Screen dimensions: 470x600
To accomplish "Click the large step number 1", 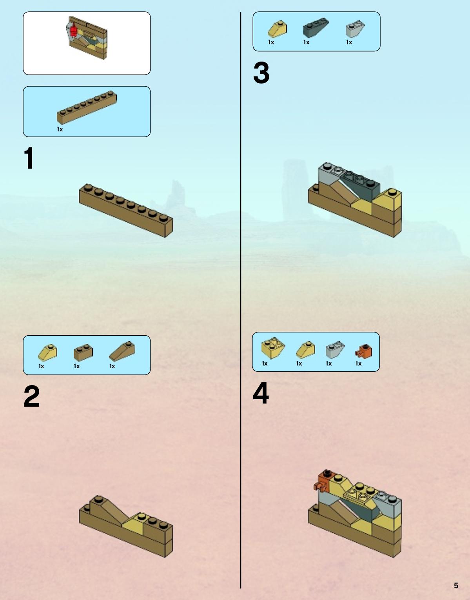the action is pyautogui.click(x=29, y=158).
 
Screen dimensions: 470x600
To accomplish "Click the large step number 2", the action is pyautogui.click(x=32, y=396).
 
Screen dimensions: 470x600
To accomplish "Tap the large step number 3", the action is pyautogui.click(x=261, y=73).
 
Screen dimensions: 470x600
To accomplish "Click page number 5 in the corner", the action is pyautogui.click(x=456, y=585).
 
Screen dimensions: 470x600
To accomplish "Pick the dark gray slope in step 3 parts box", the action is pyautogui.click(x=316, y=27).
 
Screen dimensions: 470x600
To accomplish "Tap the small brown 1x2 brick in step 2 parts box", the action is pyautogui.click(x=83, y=352).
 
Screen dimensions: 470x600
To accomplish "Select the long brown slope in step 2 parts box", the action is pyautogui.click(x=122, y=351).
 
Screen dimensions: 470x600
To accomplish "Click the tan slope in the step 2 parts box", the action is pyautogui.click(x=47, y=353).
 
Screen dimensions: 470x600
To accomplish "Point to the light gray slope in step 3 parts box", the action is pyautogui.click(x=355, y=29).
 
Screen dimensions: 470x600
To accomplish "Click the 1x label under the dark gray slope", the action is pyautogui.click(x=306, y=42).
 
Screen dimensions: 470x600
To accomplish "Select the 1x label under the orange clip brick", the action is pyautogui.click(x=358, y=364).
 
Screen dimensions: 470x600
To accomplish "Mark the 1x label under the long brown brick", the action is pyautogui.click(x=60, y=129).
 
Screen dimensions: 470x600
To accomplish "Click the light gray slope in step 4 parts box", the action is pyautogui.click(x=335, y=349).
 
